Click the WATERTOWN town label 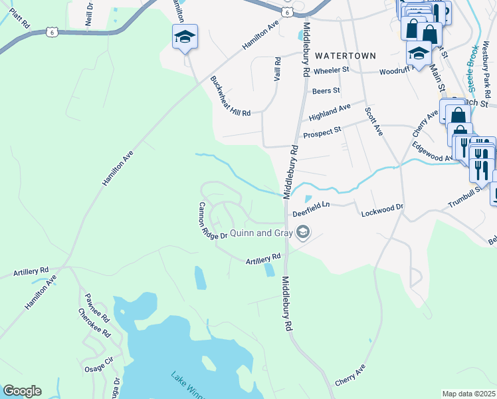346,55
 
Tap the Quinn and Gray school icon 303,232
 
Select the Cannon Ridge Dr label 213,221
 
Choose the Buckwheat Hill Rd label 230,97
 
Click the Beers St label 326,90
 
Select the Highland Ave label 330,112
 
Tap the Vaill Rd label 278,68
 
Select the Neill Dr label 90,14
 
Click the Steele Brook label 473,69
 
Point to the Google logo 22,391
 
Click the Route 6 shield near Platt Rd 52,31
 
